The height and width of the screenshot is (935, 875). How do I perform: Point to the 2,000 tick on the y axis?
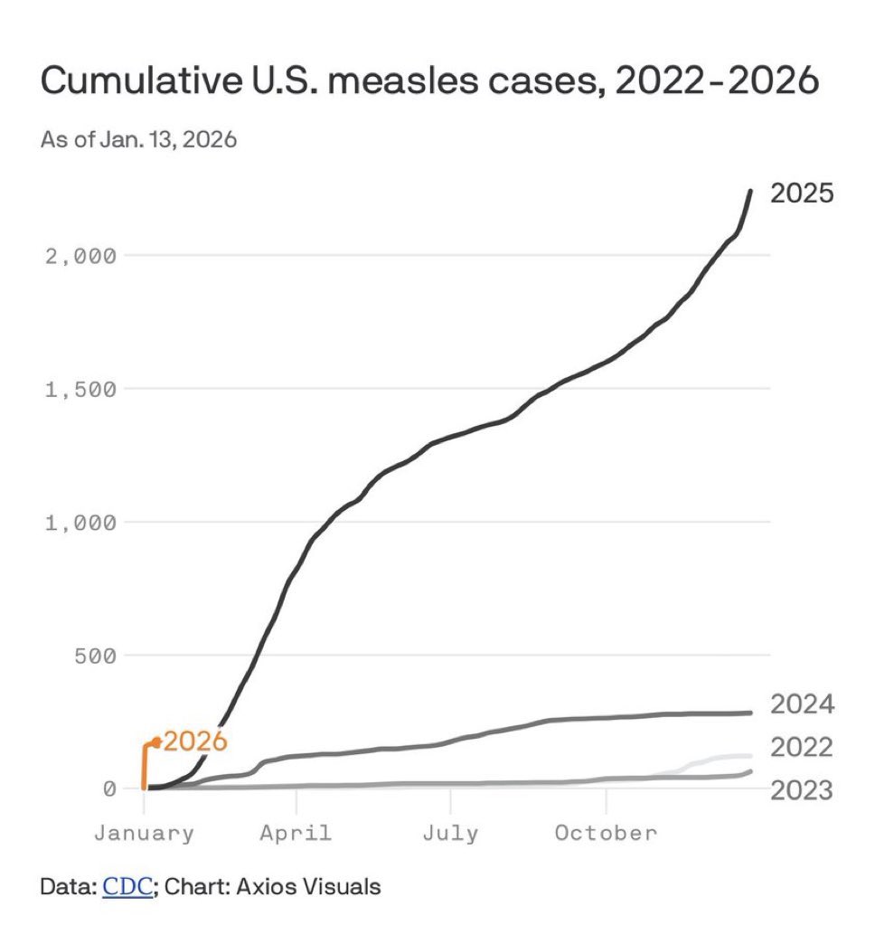point(81,256)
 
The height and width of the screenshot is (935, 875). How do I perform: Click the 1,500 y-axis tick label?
point(81,390)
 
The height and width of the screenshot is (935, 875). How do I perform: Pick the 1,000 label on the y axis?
point(81,523)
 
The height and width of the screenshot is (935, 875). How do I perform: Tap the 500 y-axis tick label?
point(96,656)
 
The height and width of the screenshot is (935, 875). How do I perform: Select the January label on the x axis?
point(144,833)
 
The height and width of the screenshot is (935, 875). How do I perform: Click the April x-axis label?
point(296,833)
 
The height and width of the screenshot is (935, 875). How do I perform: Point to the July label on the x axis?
point(450,833)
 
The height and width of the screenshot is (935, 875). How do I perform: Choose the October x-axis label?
point(606,833)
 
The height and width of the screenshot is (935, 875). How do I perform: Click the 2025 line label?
point(801,194)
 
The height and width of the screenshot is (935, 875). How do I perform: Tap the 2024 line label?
point(801,705)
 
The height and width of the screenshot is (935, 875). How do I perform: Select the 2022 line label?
point(801,748)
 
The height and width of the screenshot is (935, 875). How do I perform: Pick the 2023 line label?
point(801,791)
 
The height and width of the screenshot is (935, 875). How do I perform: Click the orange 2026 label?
point(194,742)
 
